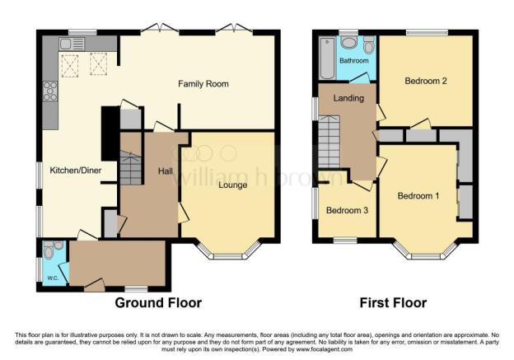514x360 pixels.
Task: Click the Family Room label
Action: point(203,84)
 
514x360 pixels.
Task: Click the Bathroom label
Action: point(354,60)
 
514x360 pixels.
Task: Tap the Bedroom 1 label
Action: point(418,196)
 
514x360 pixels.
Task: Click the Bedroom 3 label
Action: point(346,210)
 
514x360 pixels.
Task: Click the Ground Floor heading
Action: point(158,302)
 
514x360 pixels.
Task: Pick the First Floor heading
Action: point(393,302)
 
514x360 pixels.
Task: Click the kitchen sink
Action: point(67,44)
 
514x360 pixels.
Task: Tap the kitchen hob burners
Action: point(50,91)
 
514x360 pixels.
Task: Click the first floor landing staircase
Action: point(329,142)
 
